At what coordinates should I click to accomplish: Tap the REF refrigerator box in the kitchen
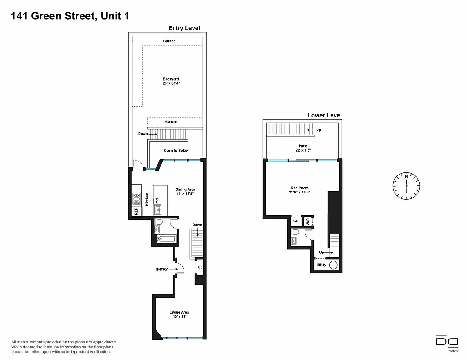click(136, 211)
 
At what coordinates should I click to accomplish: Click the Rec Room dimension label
click(300, 190)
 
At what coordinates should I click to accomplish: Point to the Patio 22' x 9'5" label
click(302, 148)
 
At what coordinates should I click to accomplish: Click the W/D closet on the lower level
click(308, 221)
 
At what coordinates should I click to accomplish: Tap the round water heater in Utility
click(333, 265)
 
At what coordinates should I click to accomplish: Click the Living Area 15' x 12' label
click(179, 315)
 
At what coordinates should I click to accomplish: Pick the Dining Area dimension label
click(185, 192)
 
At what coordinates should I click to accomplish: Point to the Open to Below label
click(176, 151)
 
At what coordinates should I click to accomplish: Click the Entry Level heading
click(184, 28)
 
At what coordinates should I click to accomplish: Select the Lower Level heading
click(324, 115)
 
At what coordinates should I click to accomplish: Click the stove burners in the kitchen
click(136, 198)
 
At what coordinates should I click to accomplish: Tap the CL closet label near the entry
click(200, 267)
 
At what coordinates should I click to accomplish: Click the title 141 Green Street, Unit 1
click(66, 16)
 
